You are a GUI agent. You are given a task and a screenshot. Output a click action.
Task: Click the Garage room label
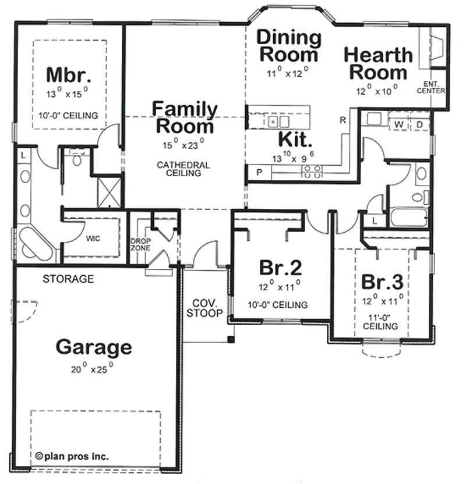pos(93,347)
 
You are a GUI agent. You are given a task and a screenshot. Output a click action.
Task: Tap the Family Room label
pos(185,117)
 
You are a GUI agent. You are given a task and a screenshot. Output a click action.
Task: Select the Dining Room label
pos(290,46)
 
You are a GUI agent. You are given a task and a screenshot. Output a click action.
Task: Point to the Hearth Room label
pos(378,64)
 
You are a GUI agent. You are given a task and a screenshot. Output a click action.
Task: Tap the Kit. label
pos(296,139)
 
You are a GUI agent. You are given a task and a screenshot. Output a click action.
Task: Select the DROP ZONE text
pos(140,244)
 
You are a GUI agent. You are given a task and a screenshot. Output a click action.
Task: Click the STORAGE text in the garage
pos(68,279)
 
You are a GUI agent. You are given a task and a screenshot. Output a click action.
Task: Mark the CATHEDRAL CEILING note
pos(183,169)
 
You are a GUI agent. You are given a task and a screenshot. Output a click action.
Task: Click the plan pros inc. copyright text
pos(71,457)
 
